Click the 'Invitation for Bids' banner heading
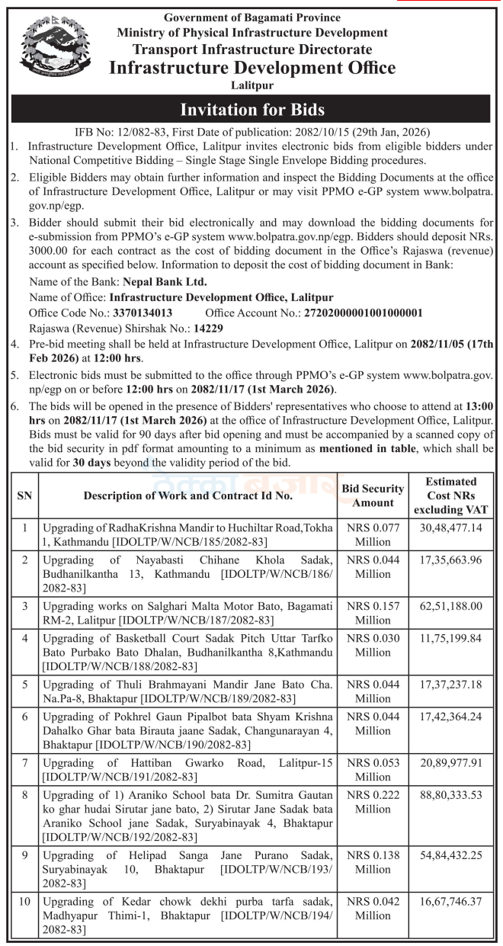click(251, 109)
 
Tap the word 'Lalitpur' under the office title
click(251, 85)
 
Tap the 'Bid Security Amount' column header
click(373, 495)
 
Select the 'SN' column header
click(24, 495)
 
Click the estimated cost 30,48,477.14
click(456, 528)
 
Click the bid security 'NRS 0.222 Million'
click(373, 803)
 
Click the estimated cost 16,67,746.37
click(456, 902)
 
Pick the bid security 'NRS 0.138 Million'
click(373, 862)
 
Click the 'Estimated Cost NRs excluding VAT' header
click(456, 495)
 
